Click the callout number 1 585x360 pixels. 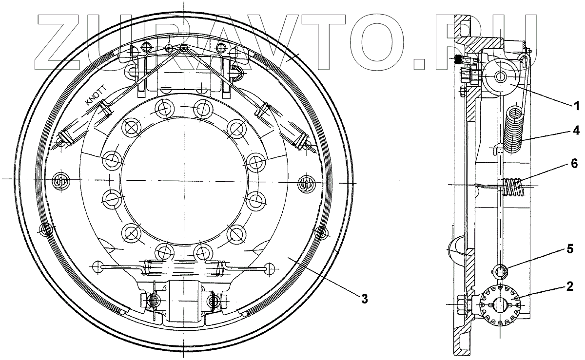click(576, 105)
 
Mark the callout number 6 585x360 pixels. click(576, 164)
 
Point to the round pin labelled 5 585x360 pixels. click(501, 271)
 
